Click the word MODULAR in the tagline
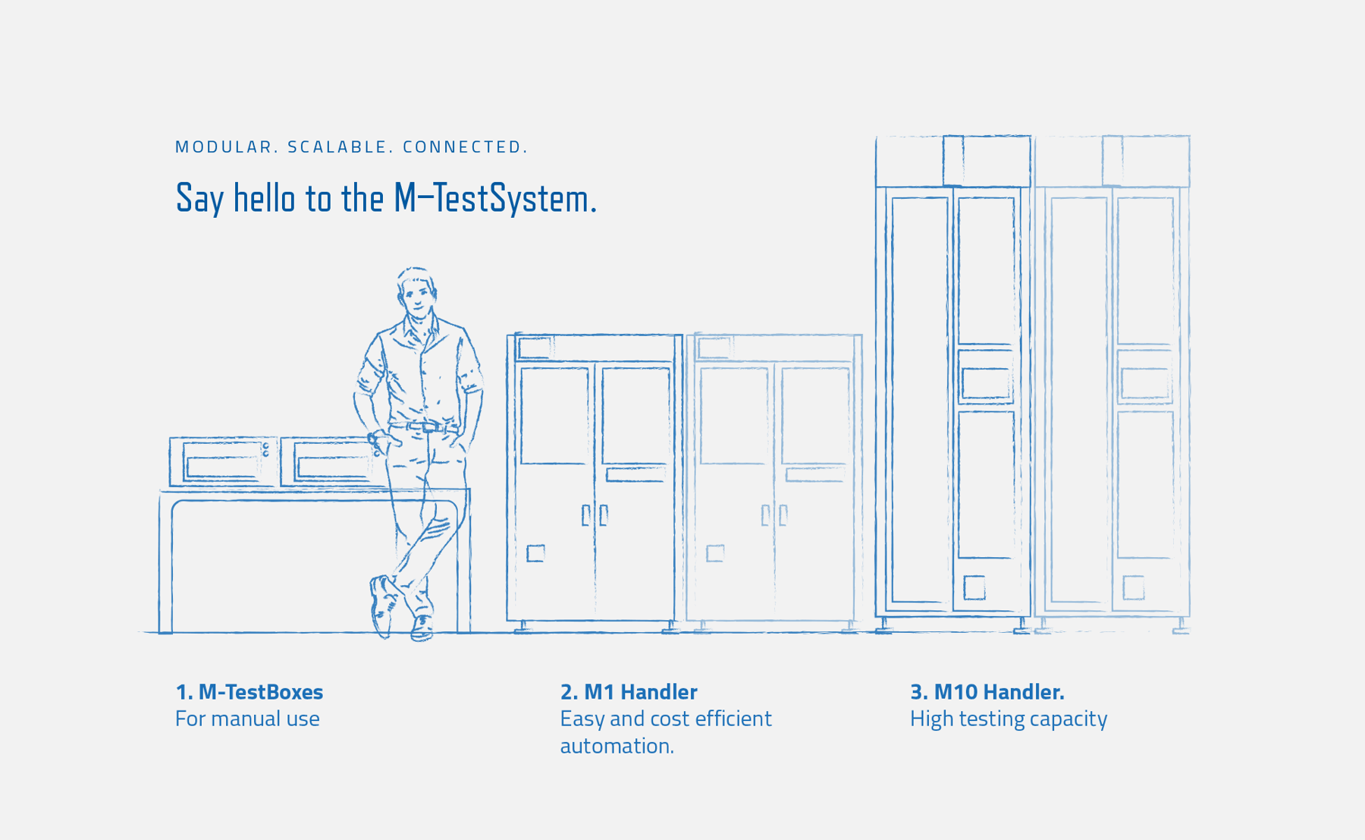tap(225, 147)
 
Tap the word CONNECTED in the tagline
tap(465, 147)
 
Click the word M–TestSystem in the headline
tap(494, 199)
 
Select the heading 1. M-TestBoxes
tap(249, 692)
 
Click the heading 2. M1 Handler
tap(629, 692)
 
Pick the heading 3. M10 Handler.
tap(987, 692)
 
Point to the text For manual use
tap(247, 719)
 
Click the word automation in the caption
tap(616, 746)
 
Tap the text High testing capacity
tap(1008, 719)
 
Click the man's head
tap(416, 292)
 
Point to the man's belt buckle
tap(430, 427)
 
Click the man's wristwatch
tap(373, 439)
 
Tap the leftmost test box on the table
tap(222, 461)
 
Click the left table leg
tap(165, 565)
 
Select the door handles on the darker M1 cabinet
tap(595, 515)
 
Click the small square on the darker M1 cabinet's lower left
tap(535, 553)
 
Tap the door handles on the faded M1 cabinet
tap(774, 515)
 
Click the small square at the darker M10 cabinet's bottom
tap(974, 587)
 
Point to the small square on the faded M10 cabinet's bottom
tap(1133, 587)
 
